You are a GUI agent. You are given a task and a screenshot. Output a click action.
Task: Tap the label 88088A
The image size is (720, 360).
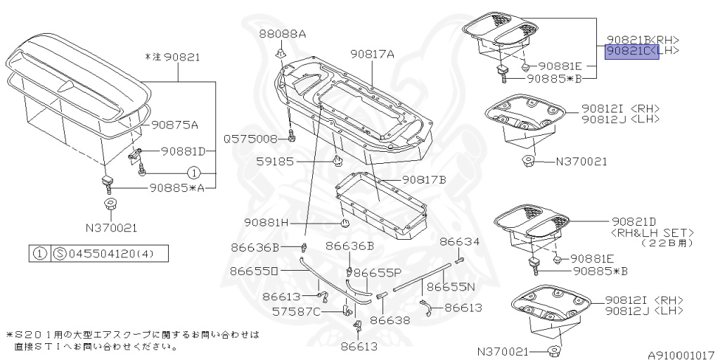tap(282, 34)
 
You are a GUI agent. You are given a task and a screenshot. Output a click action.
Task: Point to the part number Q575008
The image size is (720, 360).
tap(251, 139)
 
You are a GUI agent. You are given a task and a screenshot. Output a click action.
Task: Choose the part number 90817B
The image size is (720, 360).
tap(424, 179)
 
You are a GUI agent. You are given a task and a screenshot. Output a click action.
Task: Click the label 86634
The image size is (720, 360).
tap(460, 242)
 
